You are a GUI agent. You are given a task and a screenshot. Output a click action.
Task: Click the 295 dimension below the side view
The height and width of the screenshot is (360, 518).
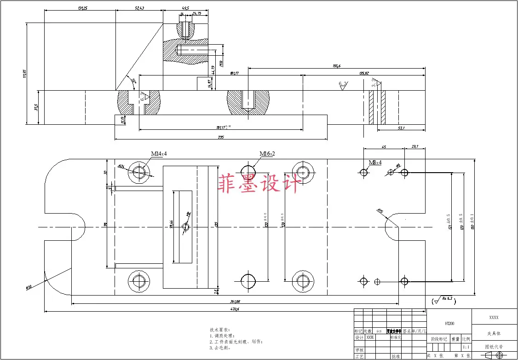tap(220, 137)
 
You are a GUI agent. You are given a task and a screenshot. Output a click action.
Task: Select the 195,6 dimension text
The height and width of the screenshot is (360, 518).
tap(336, 66)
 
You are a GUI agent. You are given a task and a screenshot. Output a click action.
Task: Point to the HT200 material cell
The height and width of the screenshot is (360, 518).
tap(449, 323)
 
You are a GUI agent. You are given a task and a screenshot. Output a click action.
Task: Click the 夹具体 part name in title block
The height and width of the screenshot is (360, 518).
tap(494, 333)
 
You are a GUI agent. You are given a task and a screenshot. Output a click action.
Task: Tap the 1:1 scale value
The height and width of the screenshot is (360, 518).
tap(466, 347)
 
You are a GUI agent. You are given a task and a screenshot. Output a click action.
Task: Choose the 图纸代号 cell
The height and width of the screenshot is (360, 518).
tap(494, 347)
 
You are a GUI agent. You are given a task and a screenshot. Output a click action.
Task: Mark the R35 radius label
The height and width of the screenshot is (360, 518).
tap(380, 211)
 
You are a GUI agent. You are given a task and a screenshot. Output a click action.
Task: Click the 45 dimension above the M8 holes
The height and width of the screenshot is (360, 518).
tap(384, 147)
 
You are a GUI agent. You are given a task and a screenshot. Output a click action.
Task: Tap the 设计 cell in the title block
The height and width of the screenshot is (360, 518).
tap(359, 337)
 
